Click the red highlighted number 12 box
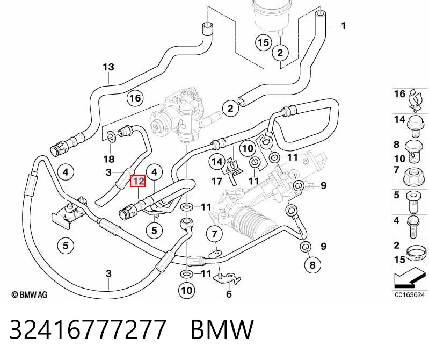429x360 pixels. click(x=137, y=181)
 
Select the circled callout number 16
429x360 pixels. click(x=135, y=98)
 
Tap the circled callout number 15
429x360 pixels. click(x=264, y=42)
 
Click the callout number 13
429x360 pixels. click(x=108, y=67)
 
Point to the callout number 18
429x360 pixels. click(x=108, y=159)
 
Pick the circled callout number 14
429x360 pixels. click(x=217, y=162)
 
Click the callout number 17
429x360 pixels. click(x=217, y=181)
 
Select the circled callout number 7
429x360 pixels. click(x=214, y=234)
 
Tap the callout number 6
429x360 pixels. click(x=229, y=294)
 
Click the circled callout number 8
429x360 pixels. click(x=312, y=265)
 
